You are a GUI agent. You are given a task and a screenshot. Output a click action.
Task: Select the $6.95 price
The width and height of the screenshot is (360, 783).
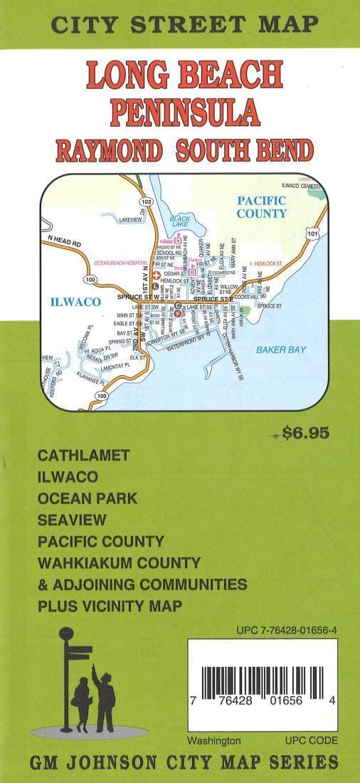pyautogui.click(x=305, y=432)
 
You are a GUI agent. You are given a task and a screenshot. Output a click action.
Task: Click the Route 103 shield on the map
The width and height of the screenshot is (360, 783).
pyautogui.click(x=147, y=202)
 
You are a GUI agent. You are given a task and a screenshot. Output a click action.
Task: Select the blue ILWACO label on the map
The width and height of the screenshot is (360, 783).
pyautogui.click(x=74, y=302)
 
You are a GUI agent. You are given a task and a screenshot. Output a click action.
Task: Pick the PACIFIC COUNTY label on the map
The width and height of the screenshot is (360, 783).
pyautogui.click(x=261, y=206)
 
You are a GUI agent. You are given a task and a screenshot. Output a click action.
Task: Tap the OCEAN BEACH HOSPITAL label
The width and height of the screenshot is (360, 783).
pyautogui.click(x=118, y=263)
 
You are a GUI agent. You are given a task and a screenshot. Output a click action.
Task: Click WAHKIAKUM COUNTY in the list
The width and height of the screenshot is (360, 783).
pyautogui.click(x=119, y=563)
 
